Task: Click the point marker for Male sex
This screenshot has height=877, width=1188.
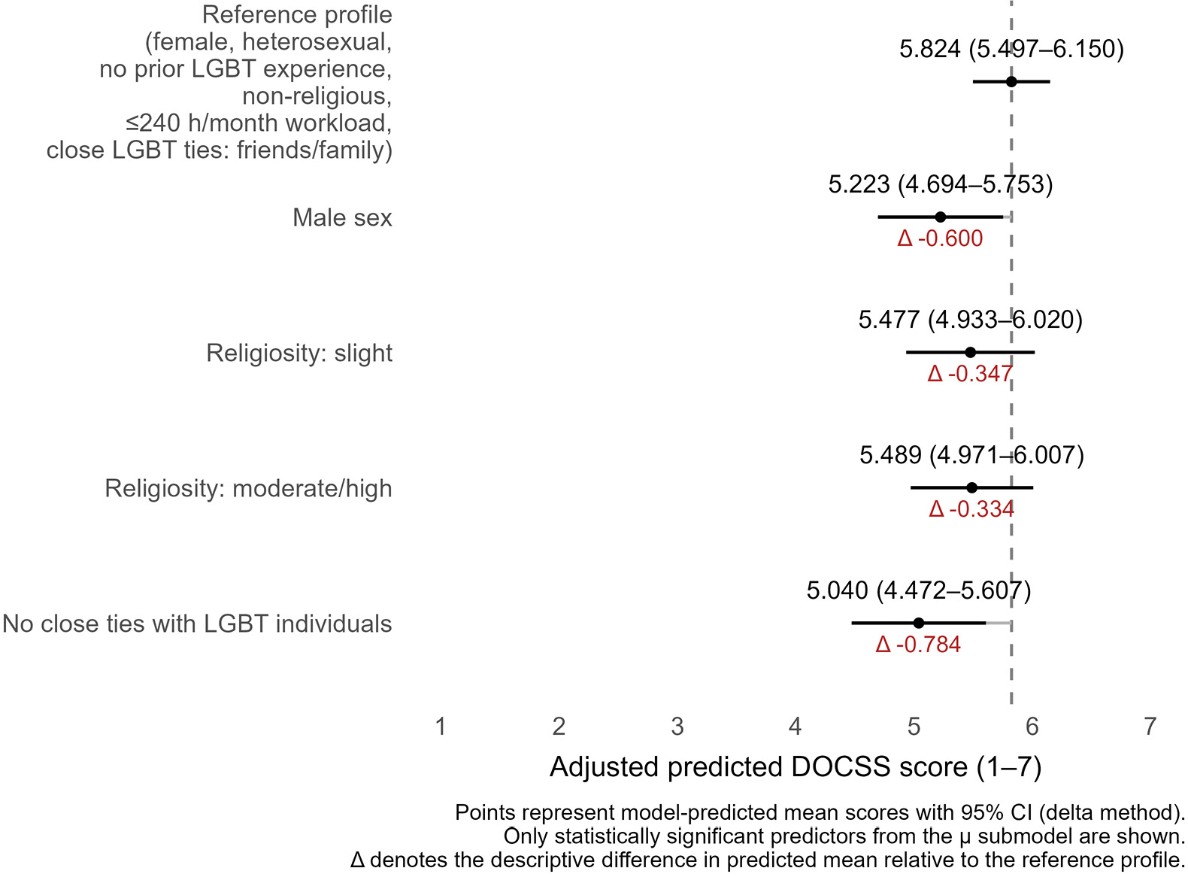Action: click(940, 217)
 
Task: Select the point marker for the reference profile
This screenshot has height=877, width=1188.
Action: click(1011, 81)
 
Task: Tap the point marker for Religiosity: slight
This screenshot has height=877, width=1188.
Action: click(970, 352)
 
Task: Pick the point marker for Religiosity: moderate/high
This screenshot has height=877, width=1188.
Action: click(971, 487)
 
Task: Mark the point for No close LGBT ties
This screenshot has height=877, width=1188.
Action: click(918, 623)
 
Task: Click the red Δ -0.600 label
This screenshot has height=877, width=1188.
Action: click(940, 238)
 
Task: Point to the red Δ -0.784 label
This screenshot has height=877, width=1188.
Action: click(918, 645)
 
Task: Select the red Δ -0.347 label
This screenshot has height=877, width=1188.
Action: click(970, 374)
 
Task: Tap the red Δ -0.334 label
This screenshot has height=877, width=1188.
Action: click(971, 509)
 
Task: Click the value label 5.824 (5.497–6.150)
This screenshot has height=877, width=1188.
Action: click(1011, 49)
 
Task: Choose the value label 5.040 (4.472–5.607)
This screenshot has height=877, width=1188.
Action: click(918, 590)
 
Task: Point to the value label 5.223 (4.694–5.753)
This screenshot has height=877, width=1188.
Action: click(940, 184)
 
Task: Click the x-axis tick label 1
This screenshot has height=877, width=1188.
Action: click(441, 727)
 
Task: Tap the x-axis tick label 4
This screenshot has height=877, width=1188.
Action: click(795, 727)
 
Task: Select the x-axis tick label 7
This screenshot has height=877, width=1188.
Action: click(1150, 727)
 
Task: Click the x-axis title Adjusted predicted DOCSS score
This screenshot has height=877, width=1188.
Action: click(796, 767)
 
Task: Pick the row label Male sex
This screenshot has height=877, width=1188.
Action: click(342, 217)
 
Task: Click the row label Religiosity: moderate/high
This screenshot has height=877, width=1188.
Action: click(248, 488)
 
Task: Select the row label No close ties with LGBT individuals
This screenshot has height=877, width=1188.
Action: click(197, 624)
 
